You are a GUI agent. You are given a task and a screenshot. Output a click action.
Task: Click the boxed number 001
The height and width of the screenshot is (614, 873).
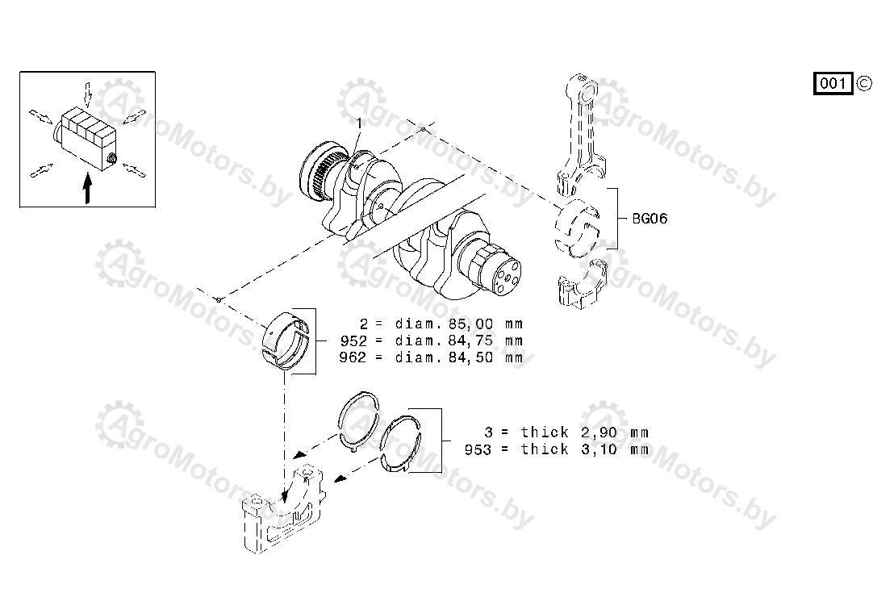point(833,83)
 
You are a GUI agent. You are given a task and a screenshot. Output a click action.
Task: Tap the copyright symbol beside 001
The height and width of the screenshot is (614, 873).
point(863,83)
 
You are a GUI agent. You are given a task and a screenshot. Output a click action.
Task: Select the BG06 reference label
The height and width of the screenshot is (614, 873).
point(650,218)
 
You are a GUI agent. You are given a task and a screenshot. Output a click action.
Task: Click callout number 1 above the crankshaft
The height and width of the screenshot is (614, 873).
point(359,123)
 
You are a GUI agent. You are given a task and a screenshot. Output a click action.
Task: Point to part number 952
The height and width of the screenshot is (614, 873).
point(353,340)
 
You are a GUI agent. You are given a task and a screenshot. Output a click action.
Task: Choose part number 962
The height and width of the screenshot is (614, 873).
point(353,357)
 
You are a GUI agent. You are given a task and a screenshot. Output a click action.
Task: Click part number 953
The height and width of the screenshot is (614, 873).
point(478,449)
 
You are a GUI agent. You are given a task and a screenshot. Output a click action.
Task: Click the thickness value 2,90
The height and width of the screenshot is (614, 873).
point(599,432)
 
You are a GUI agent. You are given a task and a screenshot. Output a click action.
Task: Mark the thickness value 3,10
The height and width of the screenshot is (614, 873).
point(599,449)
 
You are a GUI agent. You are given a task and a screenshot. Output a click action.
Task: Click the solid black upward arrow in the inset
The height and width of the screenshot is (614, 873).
point(87,188)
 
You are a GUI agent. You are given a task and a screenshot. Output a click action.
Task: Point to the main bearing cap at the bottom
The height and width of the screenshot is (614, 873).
point(283,509)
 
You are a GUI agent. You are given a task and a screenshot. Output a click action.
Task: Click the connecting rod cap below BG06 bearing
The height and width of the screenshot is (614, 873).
point(582,285)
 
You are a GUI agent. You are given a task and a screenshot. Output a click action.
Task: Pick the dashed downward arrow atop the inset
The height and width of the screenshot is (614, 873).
point(87,94)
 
